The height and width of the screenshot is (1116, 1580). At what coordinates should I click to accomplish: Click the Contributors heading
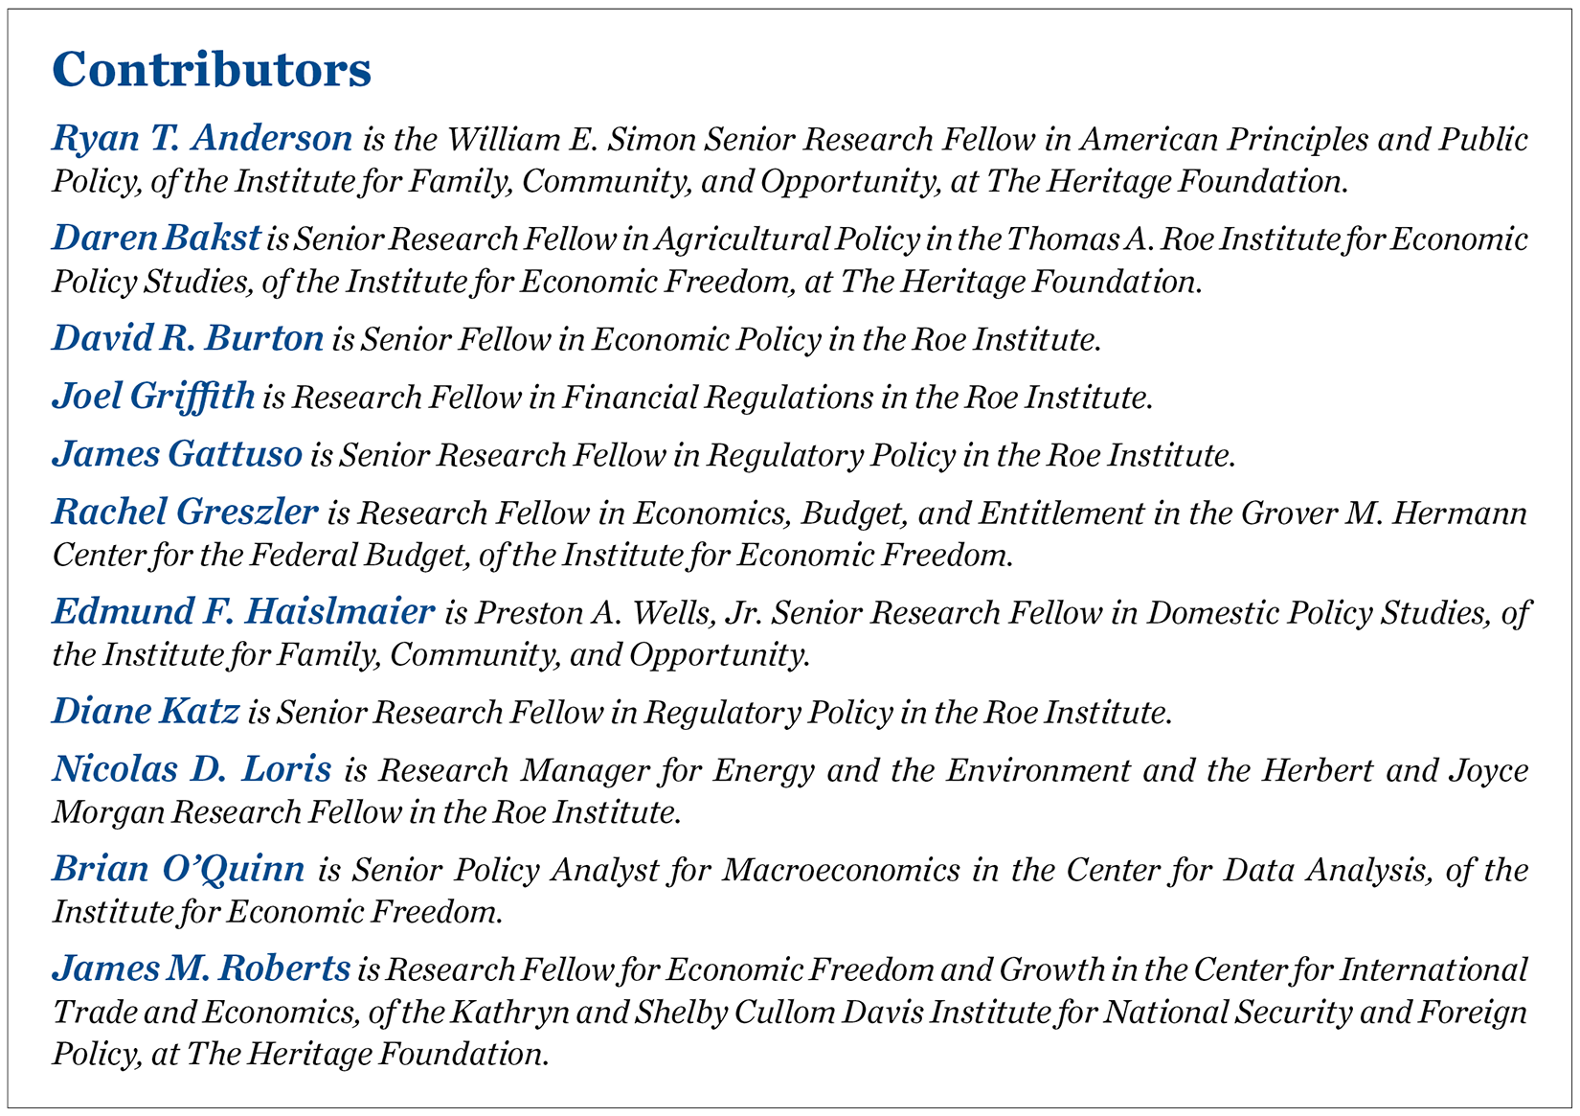tap(212, 70)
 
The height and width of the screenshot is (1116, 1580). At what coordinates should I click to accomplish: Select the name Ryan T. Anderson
tap(202, 139)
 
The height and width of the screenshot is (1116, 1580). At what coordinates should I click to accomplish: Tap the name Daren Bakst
tap(156, 239)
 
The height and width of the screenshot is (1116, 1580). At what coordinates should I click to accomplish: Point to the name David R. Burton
tap(188, 339)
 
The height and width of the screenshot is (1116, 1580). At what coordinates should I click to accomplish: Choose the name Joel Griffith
tap(153, 397)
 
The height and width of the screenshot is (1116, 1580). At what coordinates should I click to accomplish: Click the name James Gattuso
tap(177, 454)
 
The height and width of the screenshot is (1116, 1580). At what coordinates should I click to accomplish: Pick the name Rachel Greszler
tap(185, 512)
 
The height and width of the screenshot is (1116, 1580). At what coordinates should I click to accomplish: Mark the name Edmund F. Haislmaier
tap(243, 612)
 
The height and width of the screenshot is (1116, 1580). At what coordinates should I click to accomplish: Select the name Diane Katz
tap(146, 712)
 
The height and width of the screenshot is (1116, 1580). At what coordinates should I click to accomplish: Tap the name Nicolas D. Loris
tap(192, 769)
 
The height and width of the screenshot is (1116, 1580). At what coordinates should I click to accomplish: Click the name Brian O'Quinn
tap(178, 869)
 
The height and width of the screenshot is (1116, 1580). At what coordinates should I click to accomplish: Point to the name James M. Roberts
tap(201, 968)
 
